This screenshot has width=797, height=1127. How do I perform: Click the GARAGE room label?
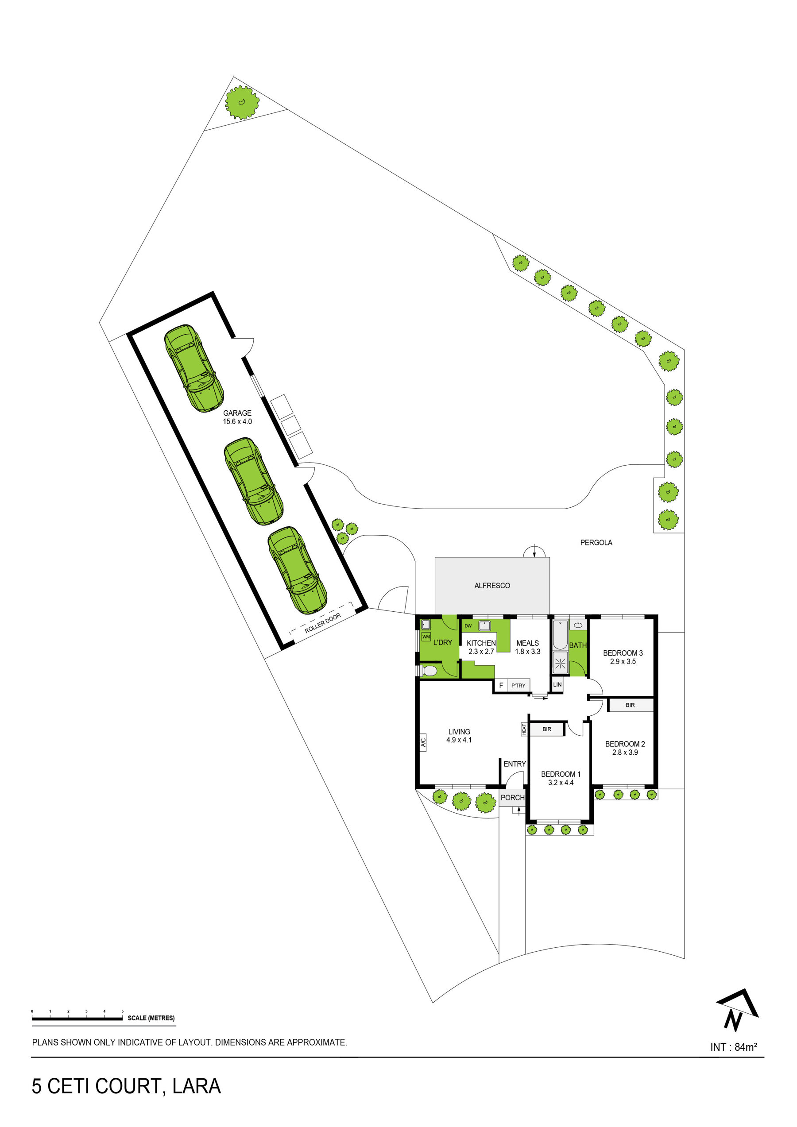tap(237, 413)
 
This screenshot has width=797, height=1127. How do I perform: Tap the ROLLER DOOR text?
tap(323, 623)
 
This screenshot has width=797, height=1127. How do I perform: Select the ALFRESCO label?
tap(492, 586)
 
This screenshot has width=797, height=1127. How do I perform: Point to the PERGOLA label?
tap(596, 542)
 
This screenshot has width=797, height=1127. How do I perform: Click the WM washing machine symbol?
tap(426, 637)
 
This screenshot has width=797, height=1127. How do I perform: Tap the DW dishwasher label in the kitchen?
tap(468, 626)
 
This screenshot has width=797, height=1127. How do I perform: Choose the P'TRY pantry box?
tap(518, 685)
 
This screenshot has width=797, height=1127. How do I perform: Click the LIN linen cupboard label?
tap(557, 684)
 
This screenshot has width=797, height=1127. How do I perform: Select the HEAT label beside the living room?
tap(524, 729)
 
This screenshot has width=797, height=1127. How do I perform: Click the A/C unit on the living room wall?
tap(423, 741)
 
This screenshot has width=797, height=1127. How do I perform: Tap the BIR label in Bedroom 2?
tap(630, 705)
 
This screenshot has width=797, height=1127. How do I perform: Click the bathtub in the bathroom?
tap(560, 635)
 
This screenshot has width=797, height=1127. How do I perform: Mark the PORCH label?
tap(513, 798)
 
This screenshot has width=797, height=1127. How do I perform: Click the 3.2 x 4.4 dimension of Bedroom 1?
tap(561, 783)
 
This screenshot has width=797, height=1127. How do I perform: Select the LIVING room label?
tap(459, 731)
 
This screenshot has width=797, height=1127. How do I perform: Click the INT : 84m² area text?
tap(734, 1047)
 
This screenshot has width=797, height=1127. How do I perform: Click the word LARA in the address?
tap(197, 1086)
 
